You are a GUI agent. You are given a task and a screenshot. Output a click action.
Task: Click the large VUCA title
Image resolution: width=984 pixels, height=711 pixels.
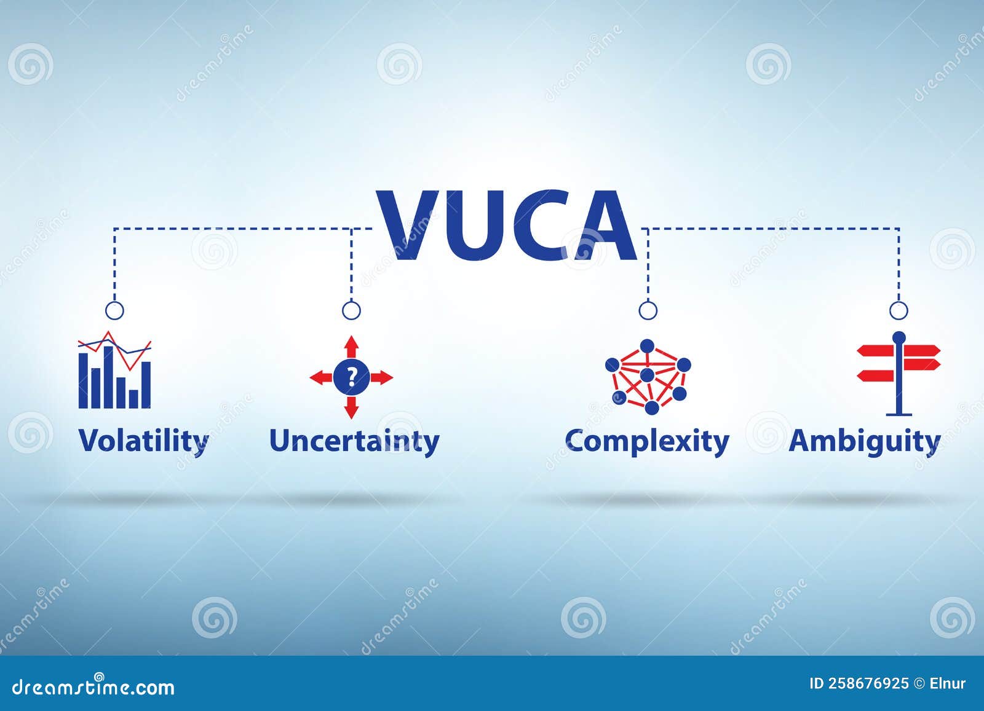[x=507, y=225]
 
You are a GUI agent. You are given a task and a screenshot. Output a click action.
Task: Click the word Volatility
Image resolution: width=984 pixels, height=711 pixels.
[x=143, y=441]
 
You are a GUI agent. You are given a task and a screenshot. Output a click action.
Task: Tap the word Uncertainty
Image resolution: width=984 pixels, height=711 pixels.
[x=354, y=441]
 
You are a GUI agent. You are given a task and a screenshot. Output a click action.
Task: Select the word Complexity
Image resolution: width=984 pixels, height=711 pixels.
[x=646, y=441]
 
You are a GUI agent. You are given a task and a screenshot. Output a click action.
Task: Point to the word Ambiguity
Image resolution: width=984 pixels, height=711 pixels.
[x=865, y=441]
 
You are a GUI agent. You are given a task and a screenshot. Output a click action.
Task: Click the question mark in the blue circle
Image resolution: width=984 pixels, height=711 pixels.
[x=351, y=377]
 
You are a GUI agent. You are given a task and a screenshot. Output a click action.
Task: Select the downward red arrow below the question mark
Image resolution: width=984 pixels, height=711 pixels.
[x=351, y=407]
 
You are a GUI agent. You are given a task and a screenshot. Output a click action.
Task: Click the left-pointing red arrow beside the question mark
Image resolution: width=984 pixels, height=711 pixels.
[x=321, y=377]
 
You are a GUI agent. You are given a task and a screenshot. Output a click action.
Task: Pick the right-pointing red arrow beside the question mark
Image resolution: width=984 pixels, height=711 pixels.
[x=381, y=377]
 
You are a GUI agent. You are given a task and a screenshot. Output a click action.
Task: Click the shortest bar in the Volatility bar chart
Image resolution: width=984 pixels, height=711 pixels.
[x=133, y=399]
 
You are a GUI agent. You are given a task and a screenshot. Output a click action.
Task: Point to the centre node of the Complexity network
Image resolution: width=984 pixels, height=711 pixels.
[x=647, y=375]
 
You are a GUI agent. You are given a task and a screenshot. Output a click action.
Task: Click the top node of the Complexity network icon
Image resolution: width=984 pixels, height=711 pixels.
[x=646, y=346]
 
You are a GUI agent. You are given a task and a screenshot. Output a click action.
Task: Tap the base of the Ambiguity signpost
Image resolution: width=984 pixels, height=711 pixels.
[x=899, y=414]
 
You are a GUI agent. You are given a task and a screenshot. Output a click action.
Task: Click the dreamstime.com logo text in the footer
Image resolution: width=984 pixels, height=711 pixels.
[x=93, y=687]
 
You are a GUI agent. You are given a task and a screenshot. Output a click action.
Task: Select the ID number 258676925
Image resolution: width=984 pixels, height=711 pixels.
[x=868, y=683]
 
